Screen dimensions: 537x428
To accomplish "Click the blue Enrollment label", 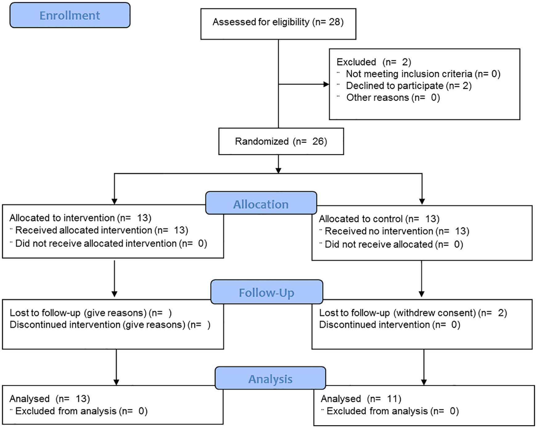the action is point(70,15).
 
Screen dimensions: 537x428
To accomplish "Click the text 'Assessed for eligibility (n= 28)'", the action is point(278,22).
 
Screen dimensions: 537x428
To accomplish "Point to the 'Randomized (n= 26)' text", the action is point(281,141).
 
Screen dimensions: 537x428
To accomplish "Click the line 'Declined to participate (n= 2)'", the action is point(409,86).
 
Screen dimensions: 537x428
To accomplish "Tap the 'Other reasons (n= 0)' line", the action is point(393,98).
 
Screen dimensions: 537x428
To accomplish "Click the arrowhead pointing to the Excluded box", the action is point(326,84).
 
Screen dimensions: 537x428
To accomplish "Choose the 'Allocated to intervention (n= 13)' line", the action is point(80,218).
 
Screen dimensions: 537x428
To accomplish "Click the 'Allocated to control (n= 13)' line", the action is point(379,219).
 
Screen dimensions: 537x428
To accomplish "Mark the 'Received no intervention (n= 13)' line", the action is point(397,231).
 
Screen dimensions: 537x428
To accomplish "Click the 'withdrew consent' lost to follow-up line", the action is point(413,313).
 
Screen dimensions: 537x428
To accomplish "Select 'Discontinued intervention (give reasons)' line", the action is point(110,325).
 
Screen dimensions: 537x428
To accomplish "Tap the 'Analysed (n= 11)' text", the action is point(361,399).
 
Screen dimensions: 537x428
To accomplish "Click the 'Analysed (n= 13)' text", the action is point(50,399).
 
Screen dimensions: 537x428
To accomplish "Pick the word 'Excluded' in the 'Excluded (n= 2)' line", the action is point(356,62).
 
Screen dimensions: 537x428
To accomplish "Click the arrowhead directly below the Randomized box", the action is point(278,170).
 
